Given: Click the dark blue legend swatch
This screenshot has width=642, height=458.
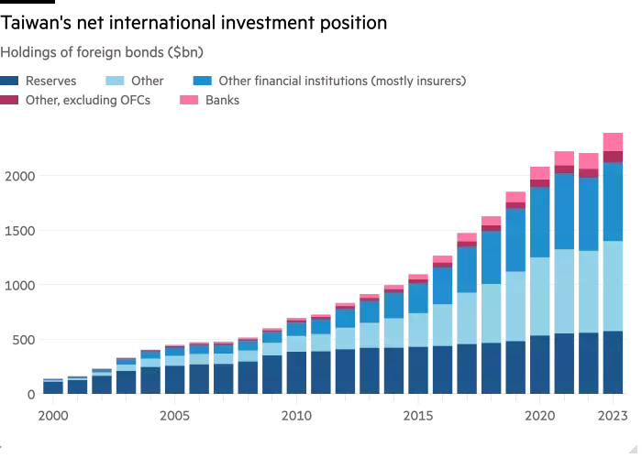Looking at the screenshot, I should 10,82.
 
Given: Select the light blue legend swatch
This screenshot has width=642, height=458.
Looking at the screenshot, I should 114,82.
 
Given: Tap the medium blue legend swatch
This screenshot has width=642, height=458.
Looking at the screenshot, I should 203,82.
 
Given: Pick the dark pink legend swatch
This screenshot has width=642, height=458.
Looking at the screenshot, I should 10,102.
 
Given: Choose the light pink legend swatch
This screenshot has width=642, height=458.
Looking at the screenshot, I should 190,102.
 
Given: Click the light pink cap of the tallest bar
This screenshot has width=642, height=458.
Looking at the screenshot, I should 613,142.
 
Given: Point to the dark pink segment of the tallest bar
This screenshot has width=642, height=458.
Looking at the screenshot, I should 613,158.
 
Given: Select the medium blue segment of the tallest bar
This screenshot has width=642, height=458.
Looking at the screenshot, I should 613,202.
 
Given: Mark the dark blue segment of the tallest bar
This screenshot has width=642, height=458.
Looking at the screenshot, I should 613,363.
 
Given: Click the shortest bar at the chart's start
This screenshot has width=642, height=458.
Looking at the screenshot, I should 53,387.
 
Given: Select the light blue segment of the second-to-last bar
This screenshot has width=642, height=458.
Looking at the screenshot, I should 589,291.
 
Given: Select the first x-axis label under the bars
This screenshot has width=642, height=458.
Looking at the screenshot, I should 54,418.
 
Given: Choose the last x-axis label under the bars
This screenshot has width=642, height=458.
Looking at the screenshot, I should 612,418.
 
